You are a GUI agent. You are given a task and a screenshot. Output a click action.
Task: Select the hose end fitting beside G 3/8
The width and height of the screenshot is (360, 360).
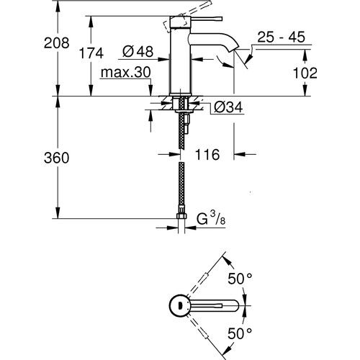click(x=179, y=215)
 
